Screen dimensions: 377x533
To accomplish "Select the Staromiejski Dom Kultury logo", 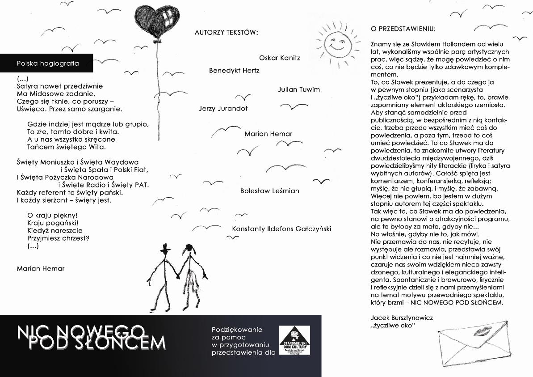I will (294, 340).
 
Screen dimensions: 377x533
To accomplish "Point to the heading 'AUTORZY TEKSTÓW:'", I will (226, 32).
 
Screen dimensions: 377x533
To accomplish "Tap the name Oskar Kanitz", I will (280, 58).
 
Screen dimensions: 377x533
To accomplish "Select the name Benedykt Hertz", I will (234, 71).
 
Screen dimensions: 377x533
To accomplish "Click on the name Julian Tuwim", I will (299, 89).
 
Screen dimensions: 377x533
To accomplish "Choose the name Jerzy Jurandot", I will (223, 108).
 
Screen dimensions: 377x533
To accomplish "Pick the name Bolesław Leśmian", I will (269, 191).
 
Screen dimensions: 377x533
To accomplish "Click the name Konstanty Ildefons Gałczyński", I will (281, 229).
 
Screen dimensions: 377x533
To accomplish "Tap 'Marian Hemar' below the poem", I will (41, 269).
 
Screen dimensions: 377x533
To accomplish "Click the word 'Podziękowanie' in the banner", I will (237, 330).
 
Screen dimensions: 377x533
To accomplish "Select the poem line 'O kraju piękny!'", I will (52, 215).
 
